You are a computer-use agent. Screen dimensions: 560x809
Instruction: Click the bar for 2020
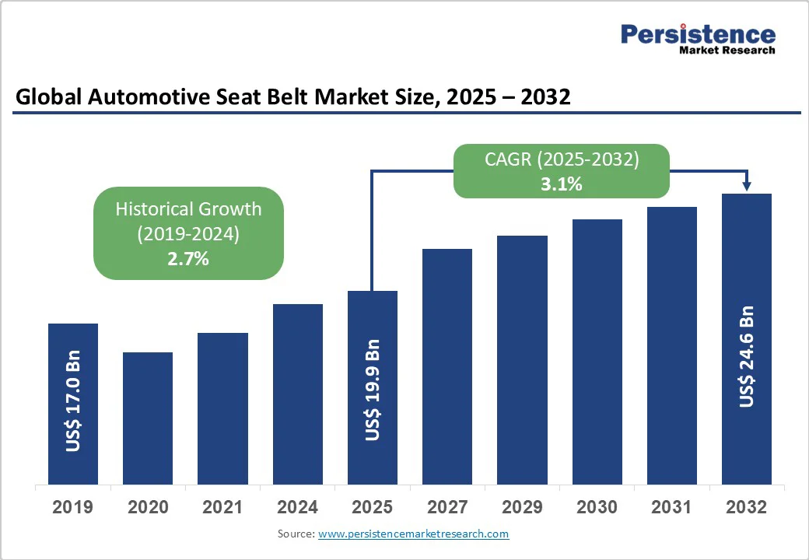coord(148,418)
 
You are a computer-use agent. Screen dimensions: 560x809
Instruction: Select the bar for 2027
coord(447,366)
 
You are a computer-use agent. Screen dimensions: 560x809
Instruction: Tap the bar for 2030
coord(597,352)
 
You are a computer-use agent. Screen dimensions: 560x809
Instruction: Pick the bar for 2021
coord(222,408)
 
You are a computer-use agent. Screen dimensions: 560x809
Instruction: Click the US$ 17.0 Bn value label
coord(73,405)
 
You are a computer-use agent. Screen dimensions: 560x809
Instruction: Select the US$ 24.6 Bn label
coord(747,356)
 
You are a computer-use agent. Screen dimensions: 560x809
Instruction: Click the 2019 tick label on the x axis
coord(73,508)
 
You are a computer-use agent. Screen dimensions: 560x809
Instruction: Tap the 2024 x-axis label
coord(297,508)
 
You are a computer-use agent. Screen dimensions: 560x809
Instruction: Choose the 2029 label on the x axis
coord(522,508)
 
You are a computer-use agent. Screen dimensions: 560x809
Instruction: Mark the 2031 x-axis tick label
coord(671,508)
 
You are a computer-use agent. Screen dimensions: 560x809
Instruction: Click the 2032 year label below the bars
coord(746,508)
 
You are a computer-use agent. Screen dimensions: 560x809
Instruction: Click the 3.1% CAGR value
coord(562,185)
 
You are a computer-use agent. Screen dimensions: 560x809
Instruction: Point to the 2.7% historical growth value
coord(188,259)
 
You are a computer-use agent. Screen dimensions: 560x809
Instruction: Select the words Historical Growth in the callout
coord(188,209)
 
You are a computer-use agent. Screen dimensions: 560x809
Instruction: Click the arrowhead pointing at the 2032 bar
coord(747,186)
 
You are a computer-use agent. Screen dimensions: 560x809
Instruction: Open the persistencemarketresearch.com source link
coord(413,534)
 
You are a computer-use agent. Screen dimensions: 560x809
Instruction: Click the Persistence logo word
coord(698,34)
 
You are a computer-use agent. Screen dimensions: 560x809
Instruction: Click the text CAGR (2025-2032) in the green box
coord(562,160)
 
